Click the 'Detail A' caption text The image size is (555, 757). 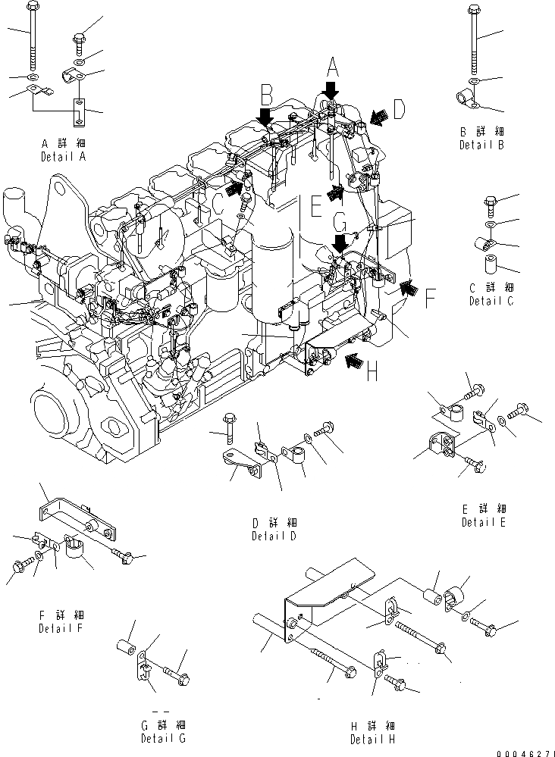pyautogui.click(x=63, y=156)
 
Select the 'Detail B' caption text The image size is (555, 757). pyautogui.click(x=481, y=145)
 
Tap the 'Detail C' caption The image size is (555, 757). pyautogui.click(x=491, y=301)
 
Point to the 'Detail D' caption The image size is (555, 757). pyautogui.click(x=274, y=536)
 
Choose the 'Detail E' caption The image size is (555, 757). pyautogui.click(x=484, y=522)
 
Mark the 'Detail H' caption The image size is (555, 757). pyautogui.click(x=372, y=739)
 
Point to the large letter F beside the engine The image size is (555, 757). pyautogui.click(x=429, y=299)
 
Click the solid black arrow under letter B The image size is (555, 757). pyautogui.click(x=265, y=117)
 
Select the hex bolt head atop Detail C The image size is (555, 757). pyautogui.click(x=490, y=202)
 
